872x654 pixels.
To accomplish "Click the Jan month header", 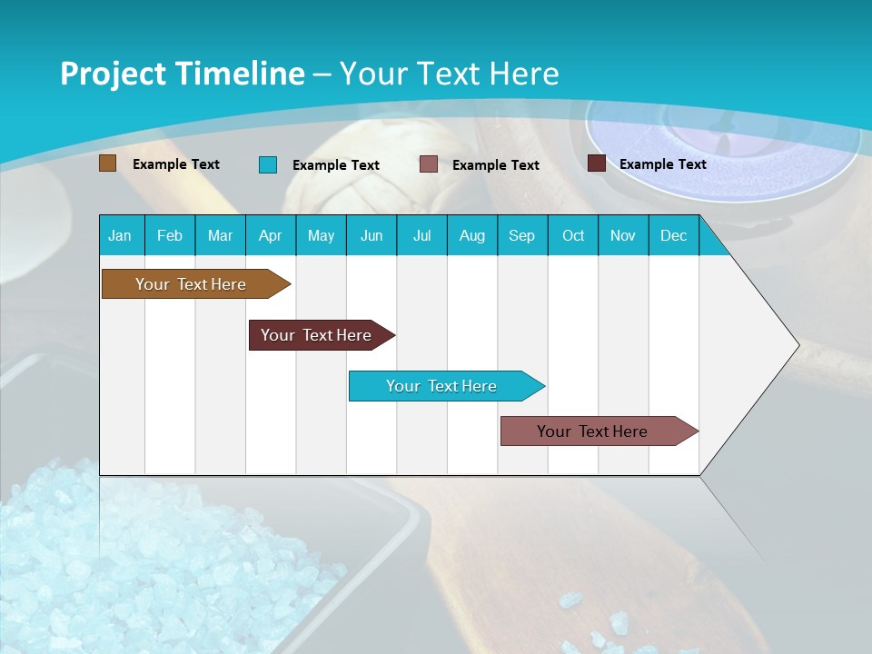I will (x=120, y=235).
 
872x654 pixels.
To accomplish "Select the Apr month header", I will (x=271, y=235).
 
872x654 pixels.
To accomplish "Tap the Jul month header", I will (x=421, y=235).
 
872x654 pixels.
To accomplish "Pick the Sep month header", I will (x=521, y=235).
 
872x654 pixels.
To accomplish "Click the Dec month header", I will (x=673, y=235).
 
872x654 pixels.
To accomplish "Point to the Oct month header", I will (x=573, y=235).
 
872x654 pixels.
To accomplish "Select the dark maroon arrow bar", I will (x=316, y=335).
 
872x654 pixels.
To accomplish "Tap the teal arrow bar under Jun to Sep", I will (x=441, y=386).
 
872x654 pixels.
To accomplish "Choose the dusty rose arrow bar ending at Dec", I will (x=592, y=431).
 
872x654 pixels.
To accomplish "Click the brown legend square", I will (x=108, y=163).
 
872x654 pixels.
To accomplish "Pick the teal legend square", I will (x=268, y=164).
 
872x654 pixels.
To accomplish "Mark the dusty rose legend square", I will (x=429, y=164).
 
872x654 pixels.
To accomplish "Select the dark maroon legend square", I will (x=597, y=163).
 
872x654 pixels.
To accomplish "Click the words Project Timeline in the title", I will (x=182, y=74).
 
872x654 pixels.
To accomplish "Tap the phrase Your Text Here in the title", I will (x=449, y=74).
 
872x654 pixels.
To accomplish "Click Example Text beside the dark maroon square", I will (x=662, y=164).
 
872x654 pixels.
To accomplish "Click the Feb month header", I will (x=170, y=235).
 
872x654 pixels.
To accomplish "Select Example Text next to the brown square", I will (x=176, y=164).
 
